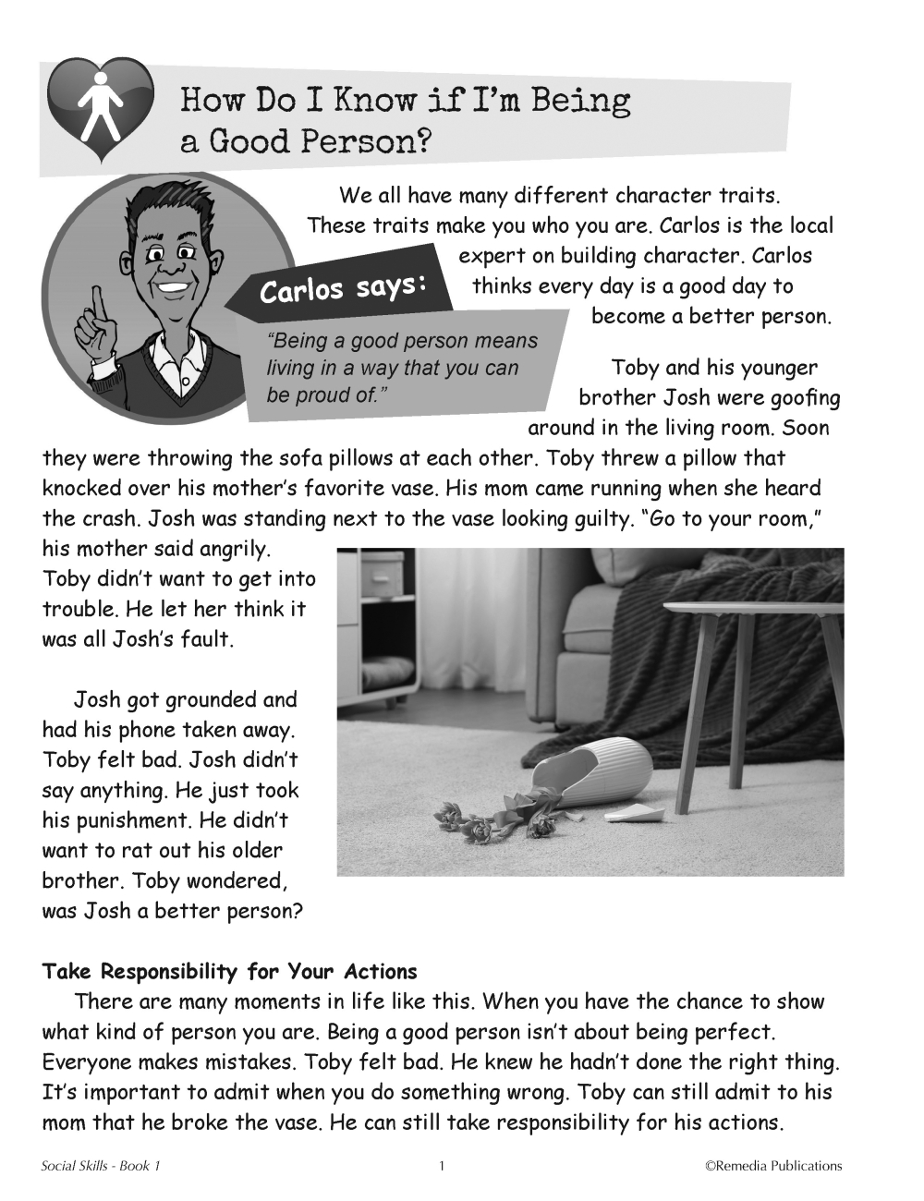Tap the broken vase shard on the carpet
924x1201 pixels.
[638, 814]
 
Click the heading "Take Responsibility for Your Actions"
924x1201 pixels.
[229, 972]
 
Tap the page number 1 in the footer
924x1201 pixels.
[442, 1166]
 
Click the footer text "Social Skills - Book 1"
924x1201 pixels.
[101, 1166]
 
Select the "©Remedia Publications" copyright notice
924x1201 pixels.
[773, 1166]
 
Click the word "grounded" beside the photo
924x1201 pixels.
[213, 700]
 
